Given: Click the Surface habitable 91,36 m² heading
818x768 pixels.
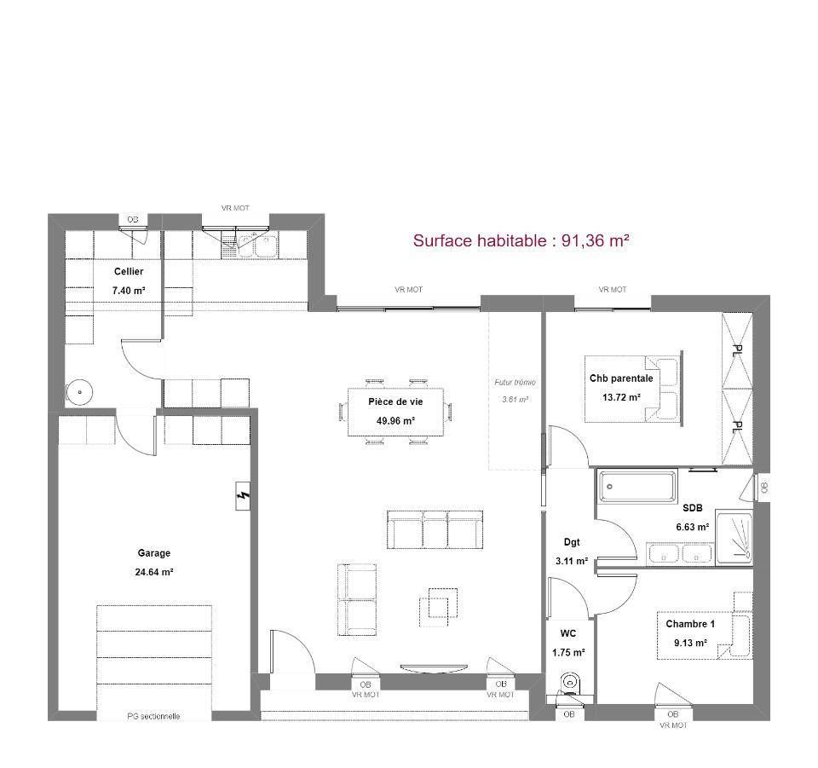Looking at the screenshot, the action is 521,240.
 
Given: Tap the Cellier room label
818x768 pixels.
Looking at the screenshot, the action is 129,271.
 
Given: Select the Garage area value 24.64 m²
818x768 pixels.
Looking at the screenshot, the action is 154,572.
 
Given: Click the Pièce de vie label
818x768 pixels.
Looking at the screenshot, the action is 395,401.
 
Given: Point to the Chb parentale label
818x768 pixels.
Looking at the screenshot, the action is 621,378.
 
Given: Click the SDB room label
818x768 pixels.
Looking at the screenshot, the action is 692,508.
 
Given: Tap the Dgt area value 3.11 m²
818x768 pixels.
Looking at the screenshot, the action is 572,562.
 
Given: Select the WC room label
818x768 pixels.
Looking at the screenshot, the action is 568,633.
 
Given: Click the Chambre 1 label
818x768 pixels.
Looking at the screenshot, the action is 690,624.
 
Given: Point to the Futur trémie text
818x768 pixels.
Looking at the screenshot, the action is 515,383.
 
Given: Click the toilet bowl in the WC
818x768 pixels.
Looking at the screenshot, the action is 570,684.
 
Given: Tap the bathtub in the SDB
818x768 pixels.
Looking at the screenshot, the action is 637,486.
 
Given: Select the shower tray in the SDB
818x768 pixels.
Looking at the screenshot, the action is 734,538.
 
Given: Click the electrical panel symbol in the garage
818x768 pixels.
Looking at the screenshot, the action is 243,495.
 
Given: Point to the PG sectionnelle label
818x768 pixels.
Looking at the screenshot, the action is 153,716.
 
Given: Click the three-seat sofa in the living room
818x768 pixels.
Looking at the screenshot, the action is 435,529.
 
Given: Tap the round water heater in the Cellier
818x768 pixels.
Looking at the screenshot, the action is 79,390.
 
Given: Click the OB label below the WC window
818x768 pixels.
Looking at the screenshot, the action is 568,713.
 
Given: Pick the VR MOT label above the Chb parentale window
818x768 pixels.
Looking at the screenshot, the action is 613,289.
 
